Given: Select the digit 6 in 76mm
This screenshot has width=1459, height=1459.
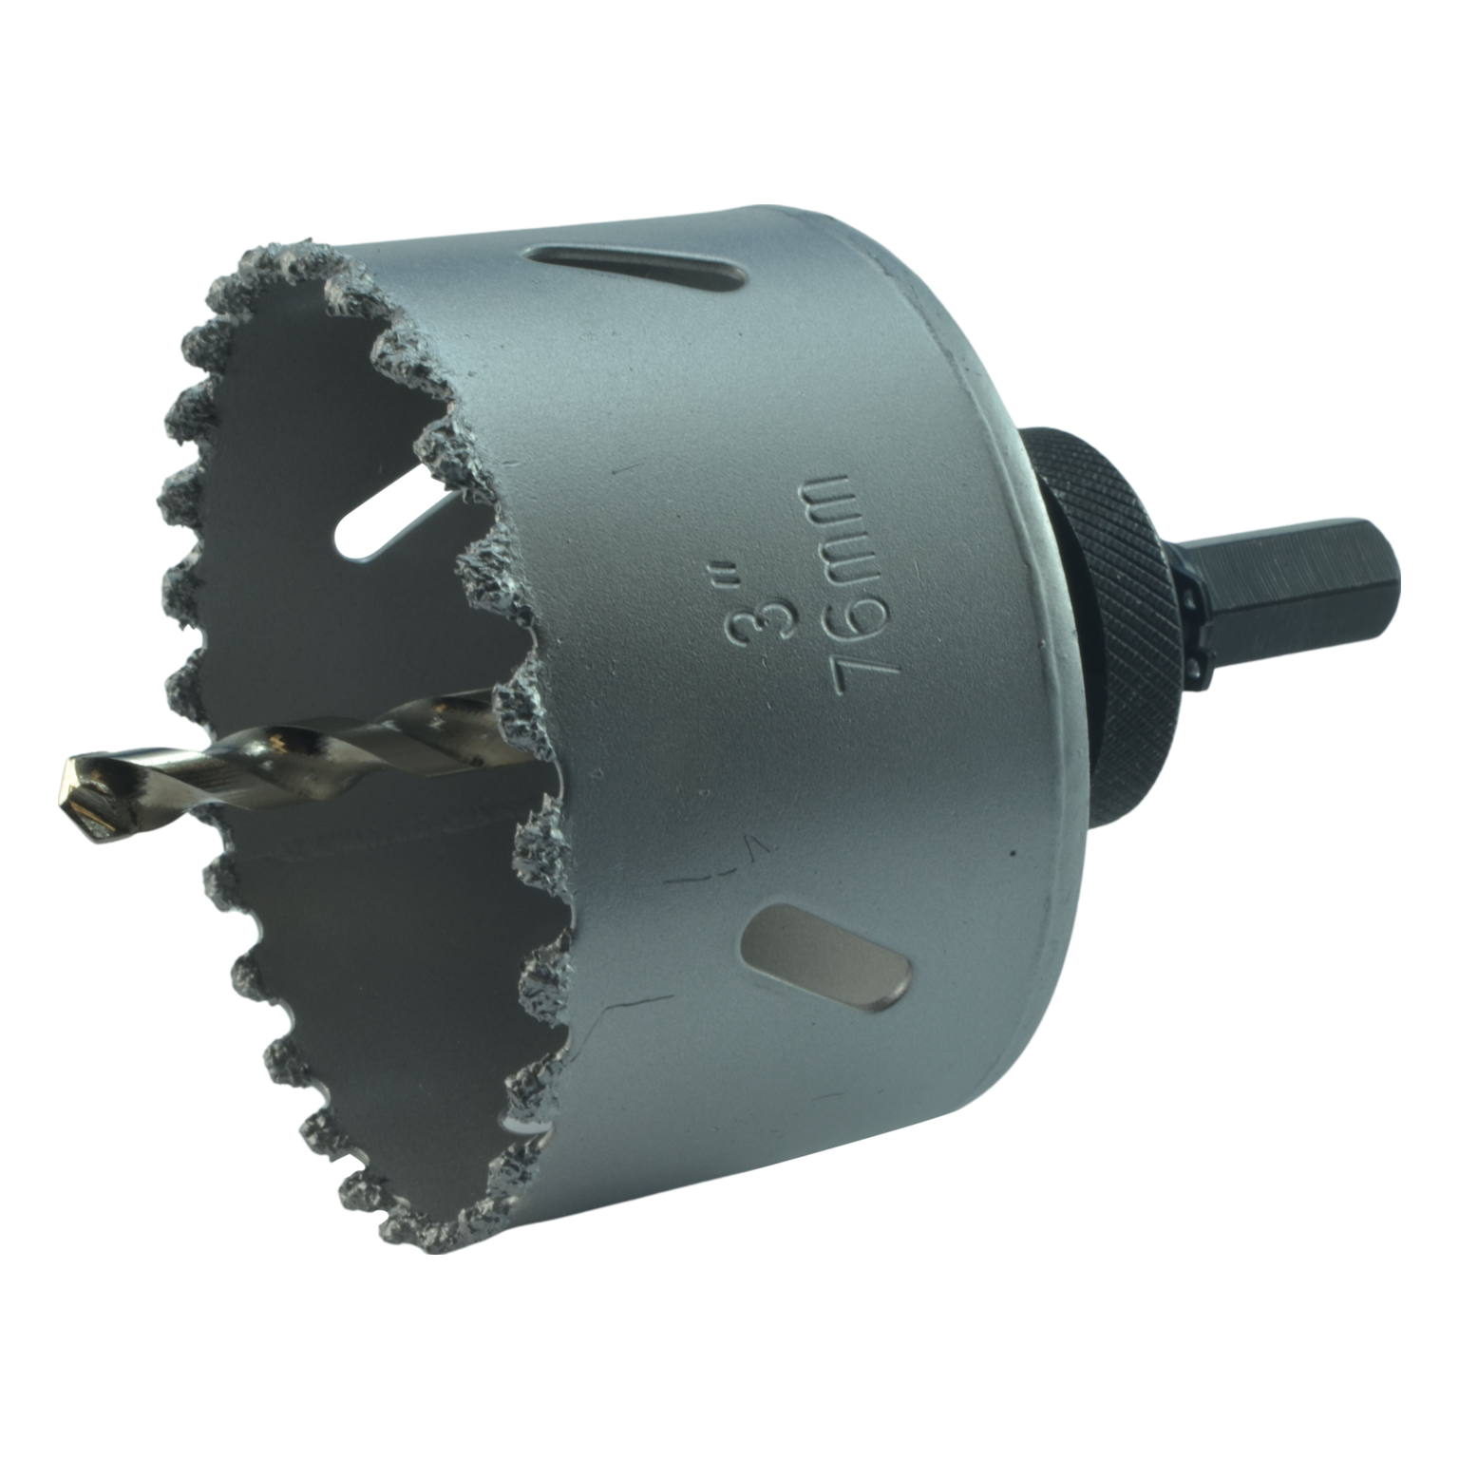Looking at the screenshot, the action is [x=865, y=608].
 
